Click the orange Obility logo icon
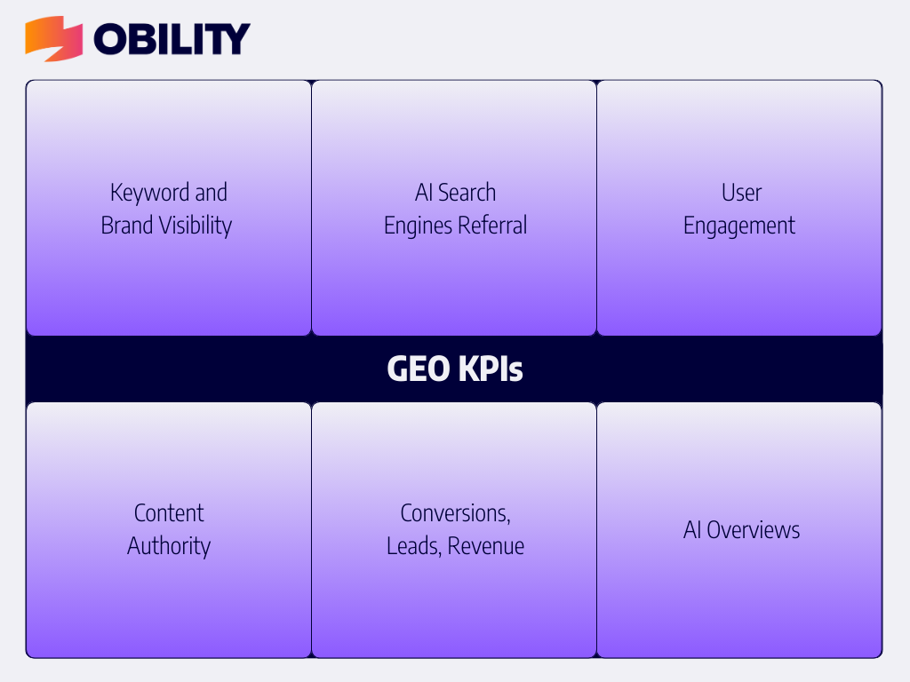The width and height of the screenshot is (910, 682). [x=53, y=38]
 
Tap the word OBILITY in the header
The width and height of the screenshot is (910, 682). [x=172, y=39]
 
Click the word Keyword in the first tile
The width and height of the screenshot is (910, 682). [x=149, y=193]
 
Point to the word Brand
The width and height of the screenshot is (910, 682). [x=127, y=225]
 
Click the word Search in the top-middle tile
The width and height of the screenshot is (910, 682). [x=467, y=193]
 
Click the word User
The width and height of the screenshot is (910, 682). [x=741, y=193]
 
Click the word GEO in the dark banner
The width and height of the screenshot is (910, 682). [x=418, y=369]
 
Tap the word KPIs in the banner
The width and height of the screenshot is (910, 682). [x=491, y=369]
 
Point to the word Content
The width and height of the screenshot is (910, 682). [x=169, y=513]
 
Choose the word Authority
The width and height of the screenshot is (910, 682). [x=169, y=547]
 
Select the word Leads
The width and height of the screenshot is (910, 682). [x=414, y=546]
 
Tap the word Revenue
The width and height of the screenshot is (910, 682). [x=486, y=546]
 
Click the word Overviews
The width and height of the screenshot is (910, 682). [x=754, y=530]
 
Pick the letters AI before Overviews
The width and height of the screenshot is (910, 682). [x=692, y=530]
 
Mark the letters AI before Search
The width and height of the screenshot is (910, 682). [x=424, y=193]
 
